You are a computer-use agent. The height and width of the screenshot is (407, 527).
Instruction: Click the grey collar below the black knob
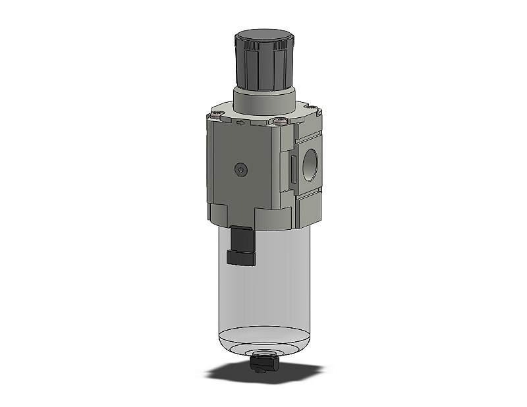pos(264,101)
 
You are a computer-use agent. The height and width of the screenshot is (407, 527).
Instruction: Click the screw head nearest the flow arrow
pos(279,121)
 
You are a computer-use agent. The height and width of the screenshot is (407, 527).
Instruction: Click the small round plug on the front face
pos(242,170)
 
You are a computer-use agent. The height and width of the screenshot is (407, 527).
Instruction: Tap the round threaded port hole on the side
pos(310,163)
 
